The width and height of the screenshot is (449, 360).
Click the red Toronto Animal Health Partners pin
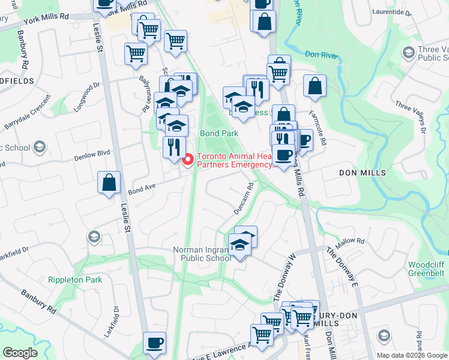188,160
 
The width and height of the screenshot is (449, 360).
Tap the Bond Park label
219,133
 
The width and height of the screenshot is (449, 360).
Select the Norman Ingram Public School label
202,254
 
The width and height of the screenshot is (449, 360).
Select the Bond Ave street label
142,189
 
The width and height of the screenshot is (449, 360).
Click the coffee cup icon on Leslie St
154,343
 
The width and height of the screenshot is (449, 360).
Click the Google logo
19,353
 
